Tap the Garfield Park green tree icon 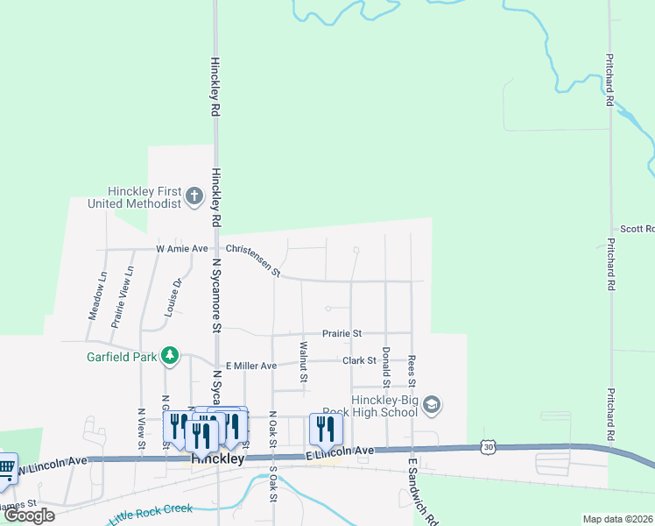point(170,356)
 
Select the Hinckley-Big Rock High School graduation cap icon point(431,405)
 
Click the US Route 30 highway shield point(488,447)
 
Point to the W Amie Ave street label point(182,249)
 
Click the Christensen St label point(252,260)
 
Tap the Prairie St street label point(342,334)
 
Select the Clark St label point(359,360)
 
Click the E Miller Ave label point(251,366)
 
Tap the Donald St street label point(385,366)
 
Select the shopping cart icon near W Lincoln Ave point(4,466)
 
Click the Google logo point(29,515)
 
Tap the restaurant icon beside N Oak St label point(325,429)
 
